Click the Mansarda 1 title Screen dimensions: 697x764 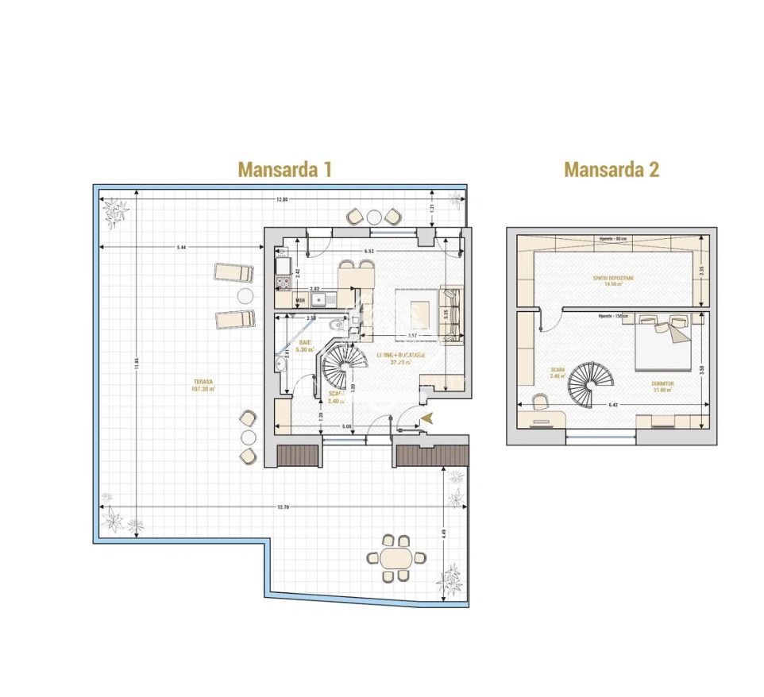tap(284, 169)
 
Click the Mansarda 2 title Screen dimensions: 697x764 tap(612, 169)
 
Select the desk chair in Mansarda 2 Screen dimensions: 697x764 tap(541, 401)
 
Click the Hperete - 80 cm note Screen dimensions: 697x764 tap(613, 238)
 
